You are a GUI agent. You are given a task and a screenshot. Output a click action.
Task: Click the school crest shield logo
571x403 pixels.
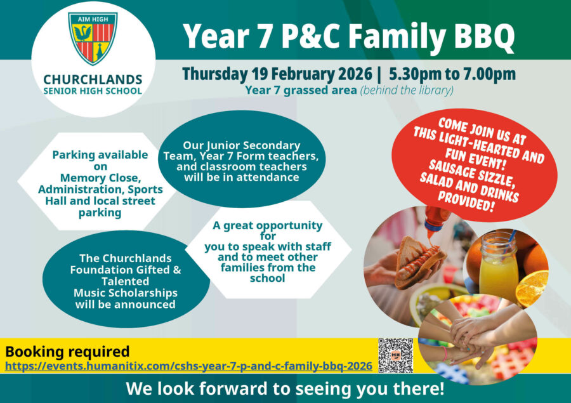[x=93, y=39]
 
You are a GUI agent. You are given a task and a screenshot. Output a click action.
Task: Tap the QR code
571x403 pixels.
[x=395, y=355]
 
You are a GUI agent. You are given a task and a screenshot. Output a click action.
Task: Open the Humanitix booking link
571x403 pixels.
[x=188, y=366]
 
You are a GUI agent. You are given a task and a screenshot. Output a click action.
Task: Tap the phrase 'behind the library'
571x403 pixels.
[x=407, y=90]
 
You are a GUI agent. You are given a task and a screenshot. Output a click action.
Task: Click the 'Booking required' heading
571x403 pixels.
[x=67, y=352]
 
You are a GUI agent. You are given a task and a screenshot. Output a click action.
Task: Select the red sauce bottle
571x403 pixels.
[x=437, y=223]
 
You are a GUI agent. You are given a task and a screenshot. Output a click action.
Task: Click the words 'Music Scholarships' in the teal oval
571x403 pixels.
[x=125, y=293]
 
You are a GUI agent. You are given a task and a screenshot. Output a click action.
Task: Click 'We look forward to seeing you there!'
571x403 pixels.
[x=285, y=388]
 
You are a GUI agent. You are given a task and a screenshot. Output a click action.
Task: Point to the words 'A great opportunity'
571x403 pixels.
[x=267, y=226]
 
